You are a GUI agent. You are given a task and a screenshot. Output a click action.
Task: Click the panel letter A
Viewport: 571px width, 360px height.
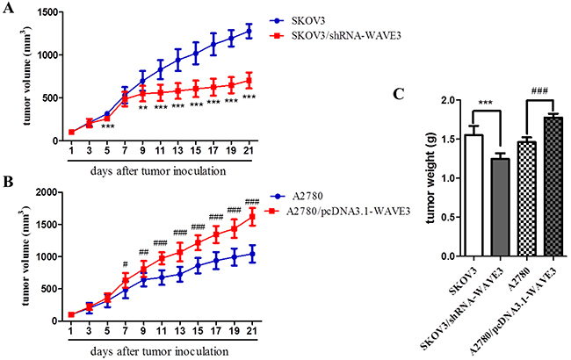point(10,9)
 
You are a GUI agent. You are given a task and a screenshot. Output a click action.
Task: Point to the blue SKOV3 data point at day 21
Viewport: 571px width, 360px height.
point(249,31)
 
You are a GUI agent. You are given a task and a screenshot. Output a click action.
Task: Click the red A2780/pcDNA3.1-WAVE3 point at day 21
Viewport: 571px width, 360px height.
point(249,215)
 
